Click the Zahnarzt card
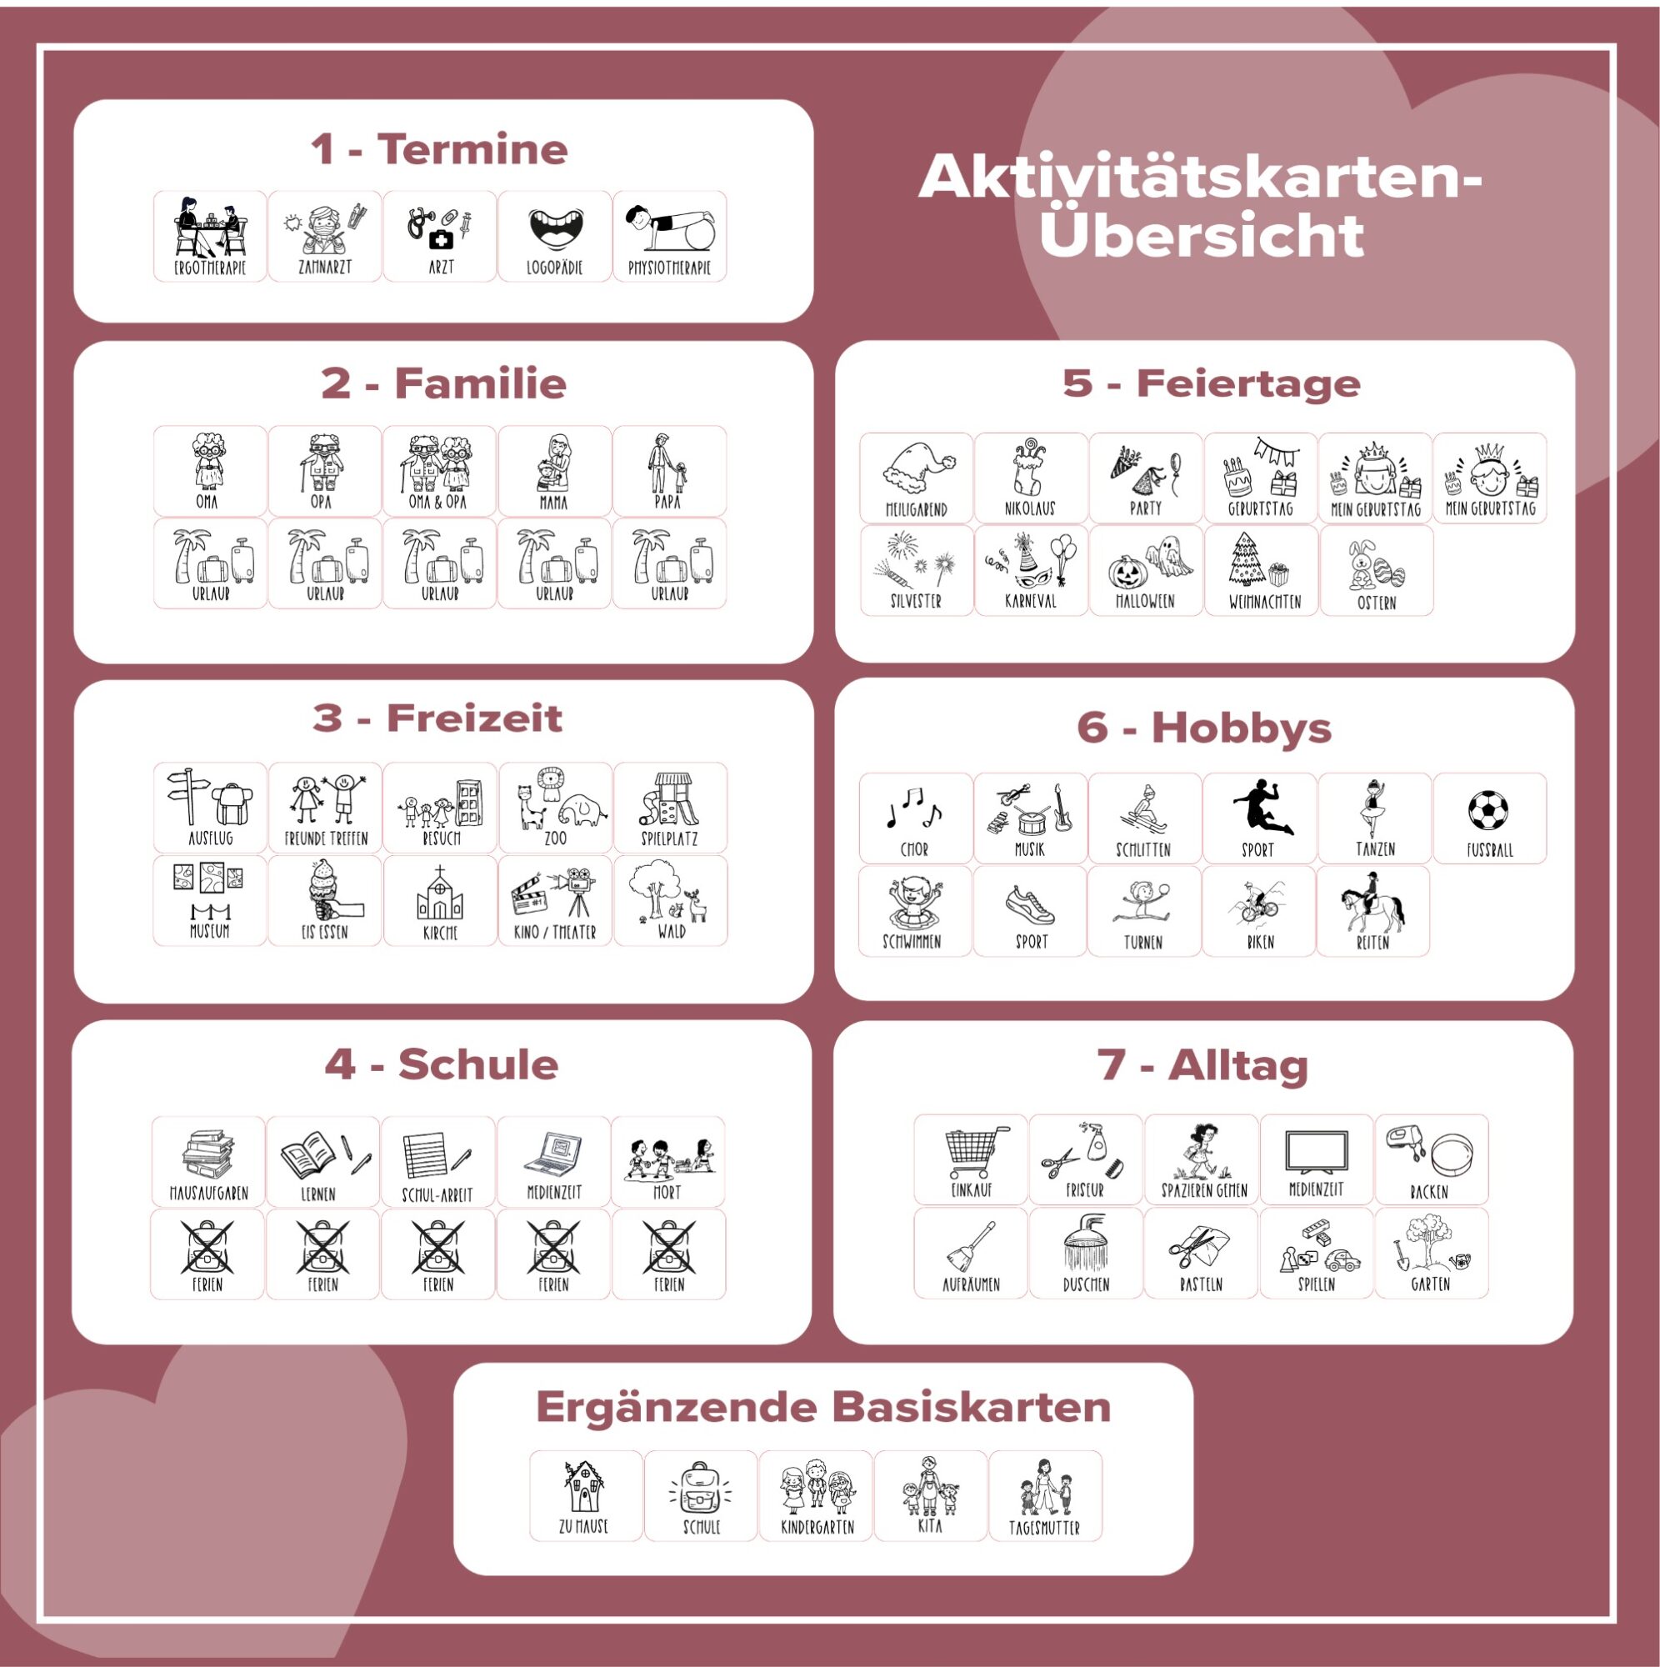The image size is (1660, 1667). [324, 237]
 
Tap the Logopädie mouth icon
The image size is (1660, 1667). [556, 230]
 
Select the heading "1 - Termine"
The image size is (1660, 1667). [440, 149]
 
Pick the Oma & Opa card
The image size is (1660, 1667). [440, 471]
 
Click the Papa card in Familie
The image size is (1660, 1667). [669, 471]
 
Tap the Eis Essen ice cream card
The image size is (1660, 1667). [325, 901]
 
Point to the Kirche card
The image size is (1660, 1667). [440, 901]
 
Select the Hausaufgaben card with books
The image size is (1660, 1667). [208, 1161]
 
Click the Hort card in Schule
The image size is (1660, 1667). [668, 1161]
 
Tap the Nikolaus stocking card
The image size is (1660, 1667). [1031, 478]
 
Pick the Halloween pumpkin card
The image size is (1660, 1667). [1146, 570]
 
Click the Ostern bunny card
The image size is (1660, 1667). [1376, 570]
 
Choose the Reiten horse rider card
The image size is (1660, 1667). [1372, 911]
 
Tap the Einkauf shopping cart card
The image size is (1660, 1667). [972, 1159]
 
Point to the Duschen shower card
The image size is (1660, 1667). [1086, 1253]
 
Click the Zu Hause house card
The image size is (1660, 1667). [586, 1495]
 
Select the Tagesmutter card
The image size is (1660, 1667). [1045, 1495]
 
